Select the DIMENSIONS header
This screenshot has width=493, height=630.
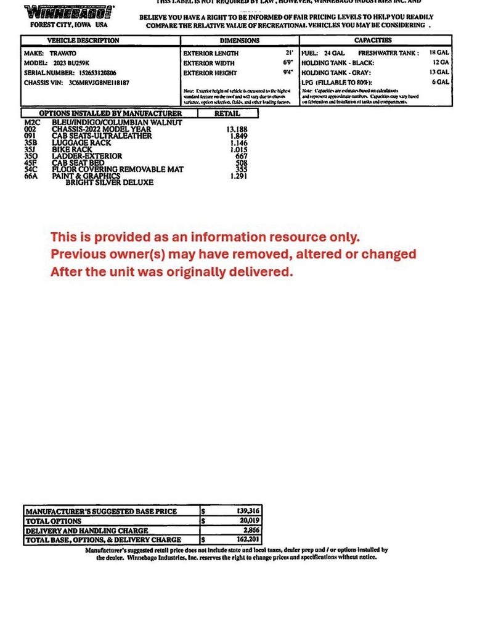(x=240, y=41)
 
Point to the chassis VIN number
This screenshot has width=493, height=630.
(x=99, y=82)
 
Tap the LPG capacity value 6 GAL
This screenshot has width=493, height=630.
(x=439, y=82)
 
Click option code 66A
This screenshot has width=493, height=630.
(x=31, y=176)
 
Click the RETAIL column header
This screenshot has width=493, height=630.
(x=227, y=113)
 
